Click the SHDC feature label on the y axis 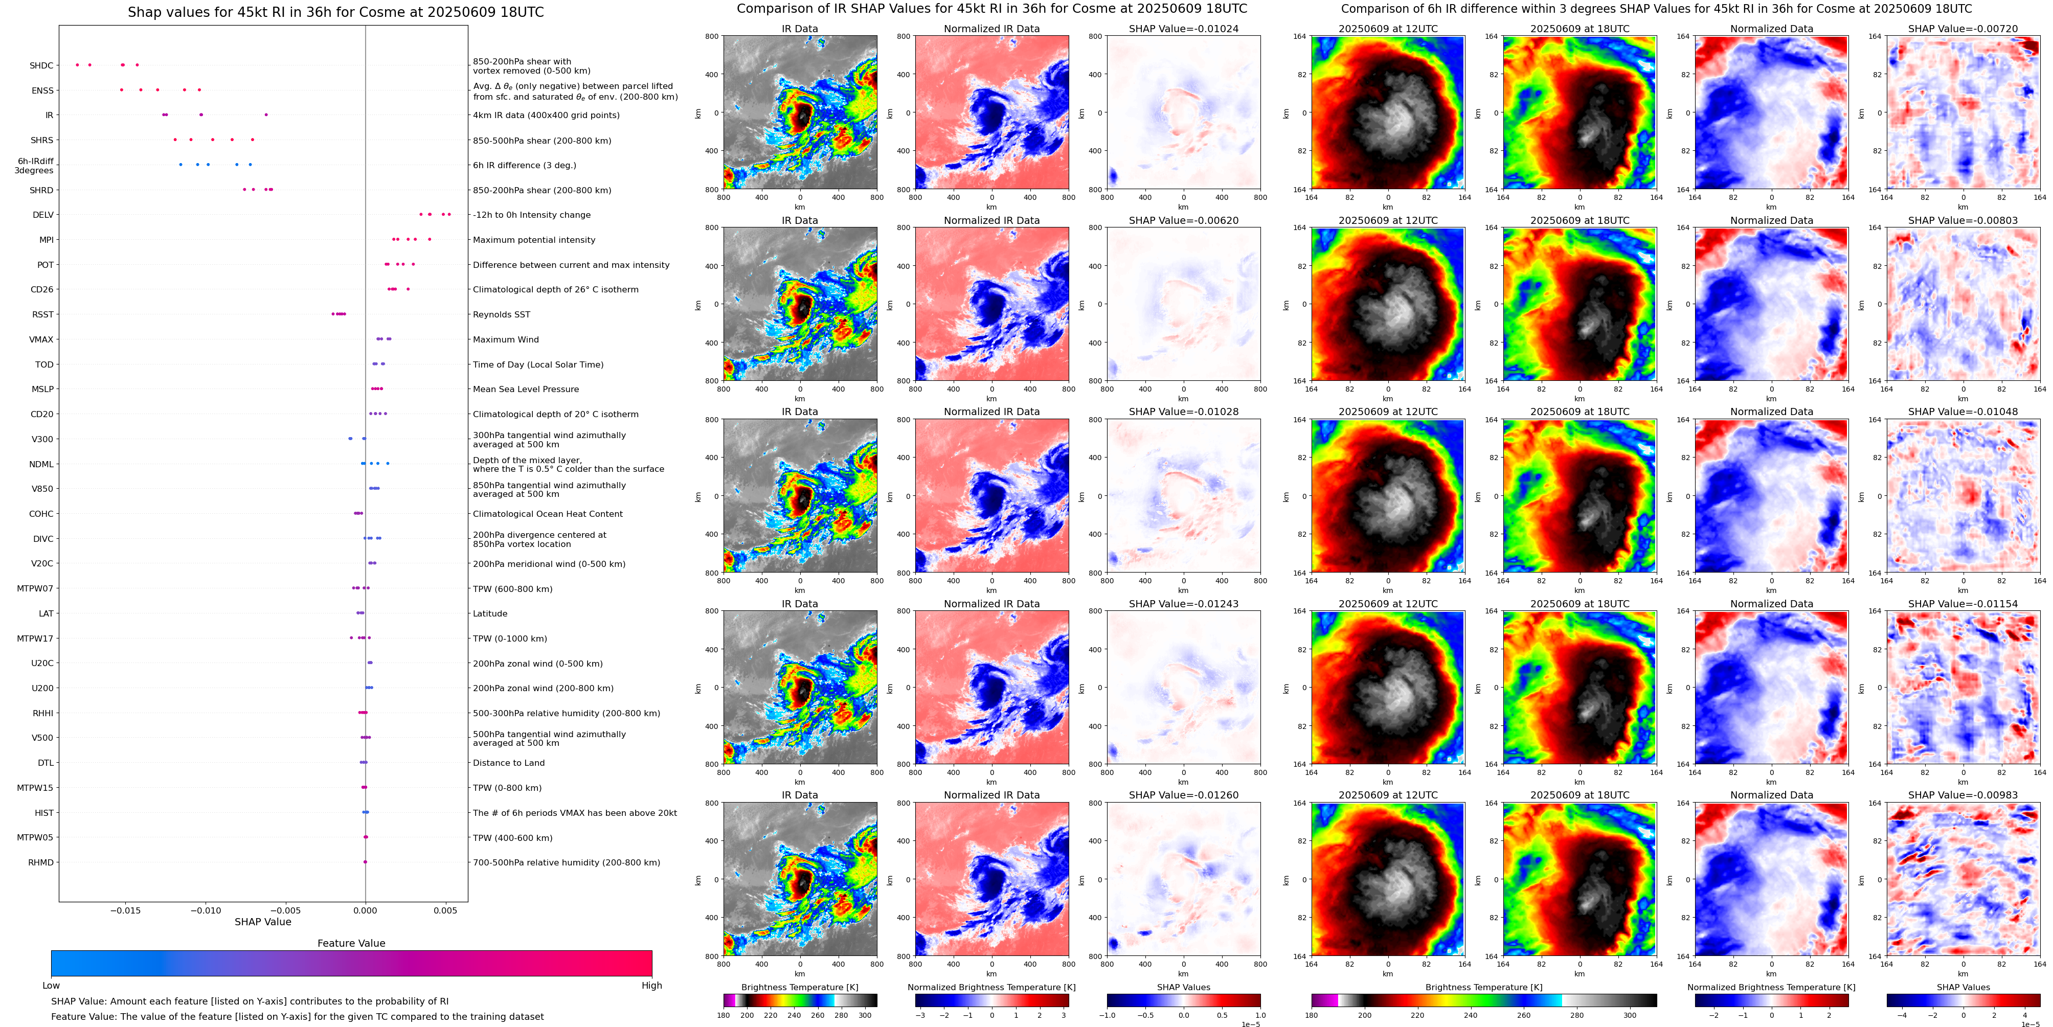(41, 65)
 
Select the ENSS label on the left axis (42, 91)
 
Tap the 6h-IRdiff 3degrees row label (34, 166)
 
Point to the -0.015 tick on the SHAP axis (124, 910)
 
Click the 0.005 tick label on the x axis (445, 910)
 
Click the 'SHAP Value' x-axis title (262, 922)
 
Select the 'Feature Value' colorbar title (351, 943)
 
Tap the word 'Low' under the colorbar (51, 986)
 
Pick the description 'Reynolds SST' (501, 315)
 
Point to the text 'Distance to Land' (508, 763)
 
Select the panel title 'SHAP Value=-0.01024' (1184, 29)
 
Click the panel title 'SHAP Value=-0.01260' (1184, 795)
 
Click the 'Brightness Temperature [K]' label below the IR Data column (799, 987)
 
